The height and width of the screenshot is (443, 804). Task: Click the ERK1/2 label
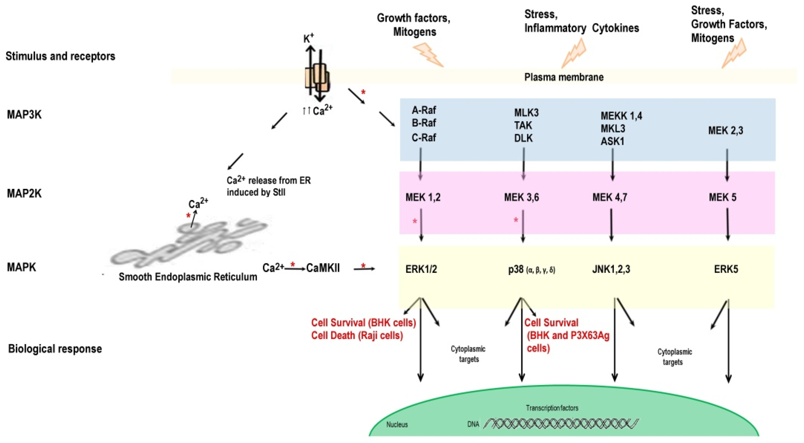(x=421, y=269)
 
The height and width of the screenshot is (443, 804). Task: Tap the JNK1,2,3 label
(x=611, y=269)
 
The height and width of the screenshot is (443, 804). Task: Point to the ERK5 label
(x=726, y=269)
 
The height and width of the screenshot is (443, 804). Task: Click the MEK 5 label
(x=722, y=197)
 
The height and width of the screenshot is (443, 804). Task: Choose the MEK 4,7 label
(x=610, y=197)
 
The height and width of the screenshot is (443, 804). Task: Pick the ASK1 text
(x=612, y=141)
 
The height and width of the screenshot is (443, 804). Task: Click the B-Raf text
(x=424, y=123)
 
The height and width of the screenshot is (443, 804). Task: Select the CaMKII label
(x=323, y=268)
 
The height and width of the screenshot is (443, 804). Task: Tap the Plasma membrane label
(x=564, y=77)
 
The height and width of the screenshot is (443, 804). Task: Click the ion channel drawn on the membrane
(x=317, y=78)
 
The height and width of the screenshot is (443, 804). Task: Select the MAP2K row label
(x=24, y=193)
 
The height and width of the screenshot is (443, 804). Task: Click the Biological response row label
(x=55, y=348)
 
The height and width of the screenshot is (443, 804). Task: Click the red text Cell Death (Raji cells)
(x=357, y=335)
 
